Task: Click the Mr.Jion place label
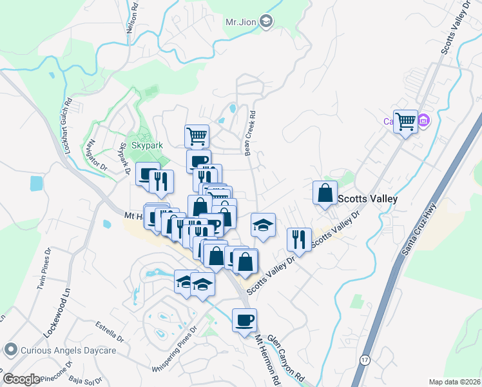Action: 241,22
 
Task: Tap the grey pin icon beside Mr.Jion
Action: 266,22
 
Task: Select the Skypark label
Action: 147,146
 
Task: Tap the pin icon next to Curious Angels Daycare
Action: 10,350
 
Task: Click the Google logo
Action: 21,379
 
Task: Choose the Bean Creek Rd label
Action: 250,132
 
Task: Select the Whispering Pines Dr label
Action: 173,351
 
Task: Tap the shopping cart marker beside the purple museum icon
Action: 405,120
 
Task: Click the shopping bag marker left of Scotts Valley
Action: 325,192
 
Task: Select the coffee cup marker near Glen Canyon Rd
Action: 244,321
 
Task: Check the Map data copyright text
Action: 454,382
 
